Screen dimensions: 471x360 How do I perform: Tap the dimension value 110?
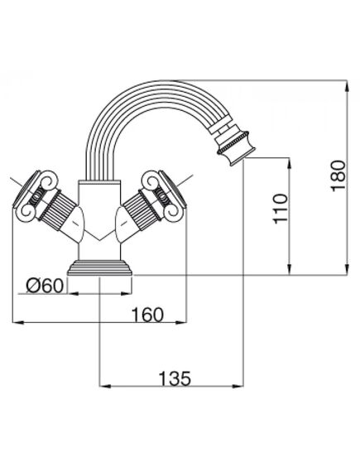click(x=279, y=211)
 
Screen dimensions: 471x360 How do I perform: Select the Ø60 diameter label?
click(x=43, y=286)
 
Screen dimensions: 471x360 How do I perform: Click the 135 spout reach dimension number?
click(x=174, y=378)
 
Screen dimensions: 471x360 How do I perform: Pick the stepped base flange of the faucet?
click(x=99, y=269)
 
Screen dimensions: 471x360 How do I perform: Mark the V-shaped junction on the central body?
click(x=99, y=240)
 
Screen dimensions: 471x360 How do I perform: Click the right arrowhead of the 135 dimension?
click(x=242, y=386)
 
